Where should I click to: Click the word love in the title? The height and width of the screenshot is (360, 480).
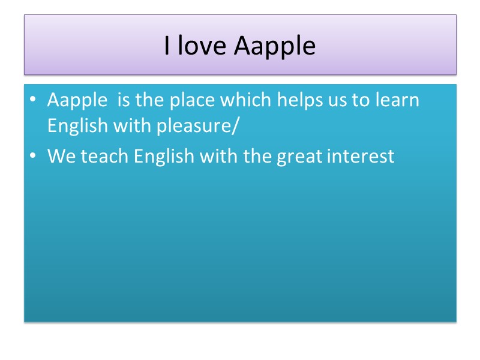[x=201, y=46]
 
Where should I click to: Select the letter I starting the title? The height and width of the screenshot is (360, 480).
[x=167, y=46]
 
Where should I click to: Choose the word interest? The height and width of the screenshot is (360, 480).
[x=362, y=157]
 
